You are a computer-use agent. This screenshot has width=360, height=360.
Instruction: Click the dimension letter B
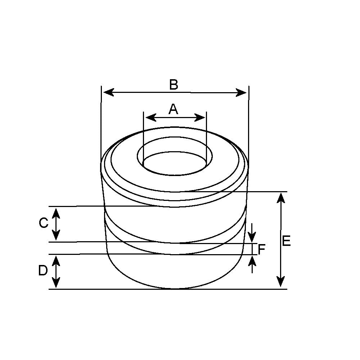click(174, 85)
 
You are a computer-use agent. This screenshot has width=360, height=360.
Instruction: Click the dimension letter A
click(174, 109)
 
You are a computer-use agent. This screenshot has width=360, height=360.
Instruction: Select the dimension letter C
click(44, 223)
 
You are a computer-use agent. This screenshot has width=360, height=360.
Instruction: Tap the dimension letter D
click(43, 270)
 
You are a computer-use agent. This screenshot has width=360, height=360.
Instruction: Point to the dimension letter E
click(286, 241)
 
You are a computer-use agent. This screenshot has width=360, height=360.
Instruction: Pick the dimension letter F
click(262, 249)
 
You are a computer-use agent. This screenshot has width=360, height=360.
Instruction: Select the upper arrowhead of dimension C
click(56, 212)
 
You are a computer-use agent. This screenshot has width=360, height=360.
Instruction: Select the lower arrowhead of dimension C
click(56, 235)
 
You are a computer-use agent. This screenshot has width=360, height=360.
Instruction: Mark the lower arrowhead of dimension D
click(56, 283)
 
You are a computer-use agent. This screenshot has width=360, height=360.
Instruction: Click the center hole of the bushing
click(175, 164)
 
